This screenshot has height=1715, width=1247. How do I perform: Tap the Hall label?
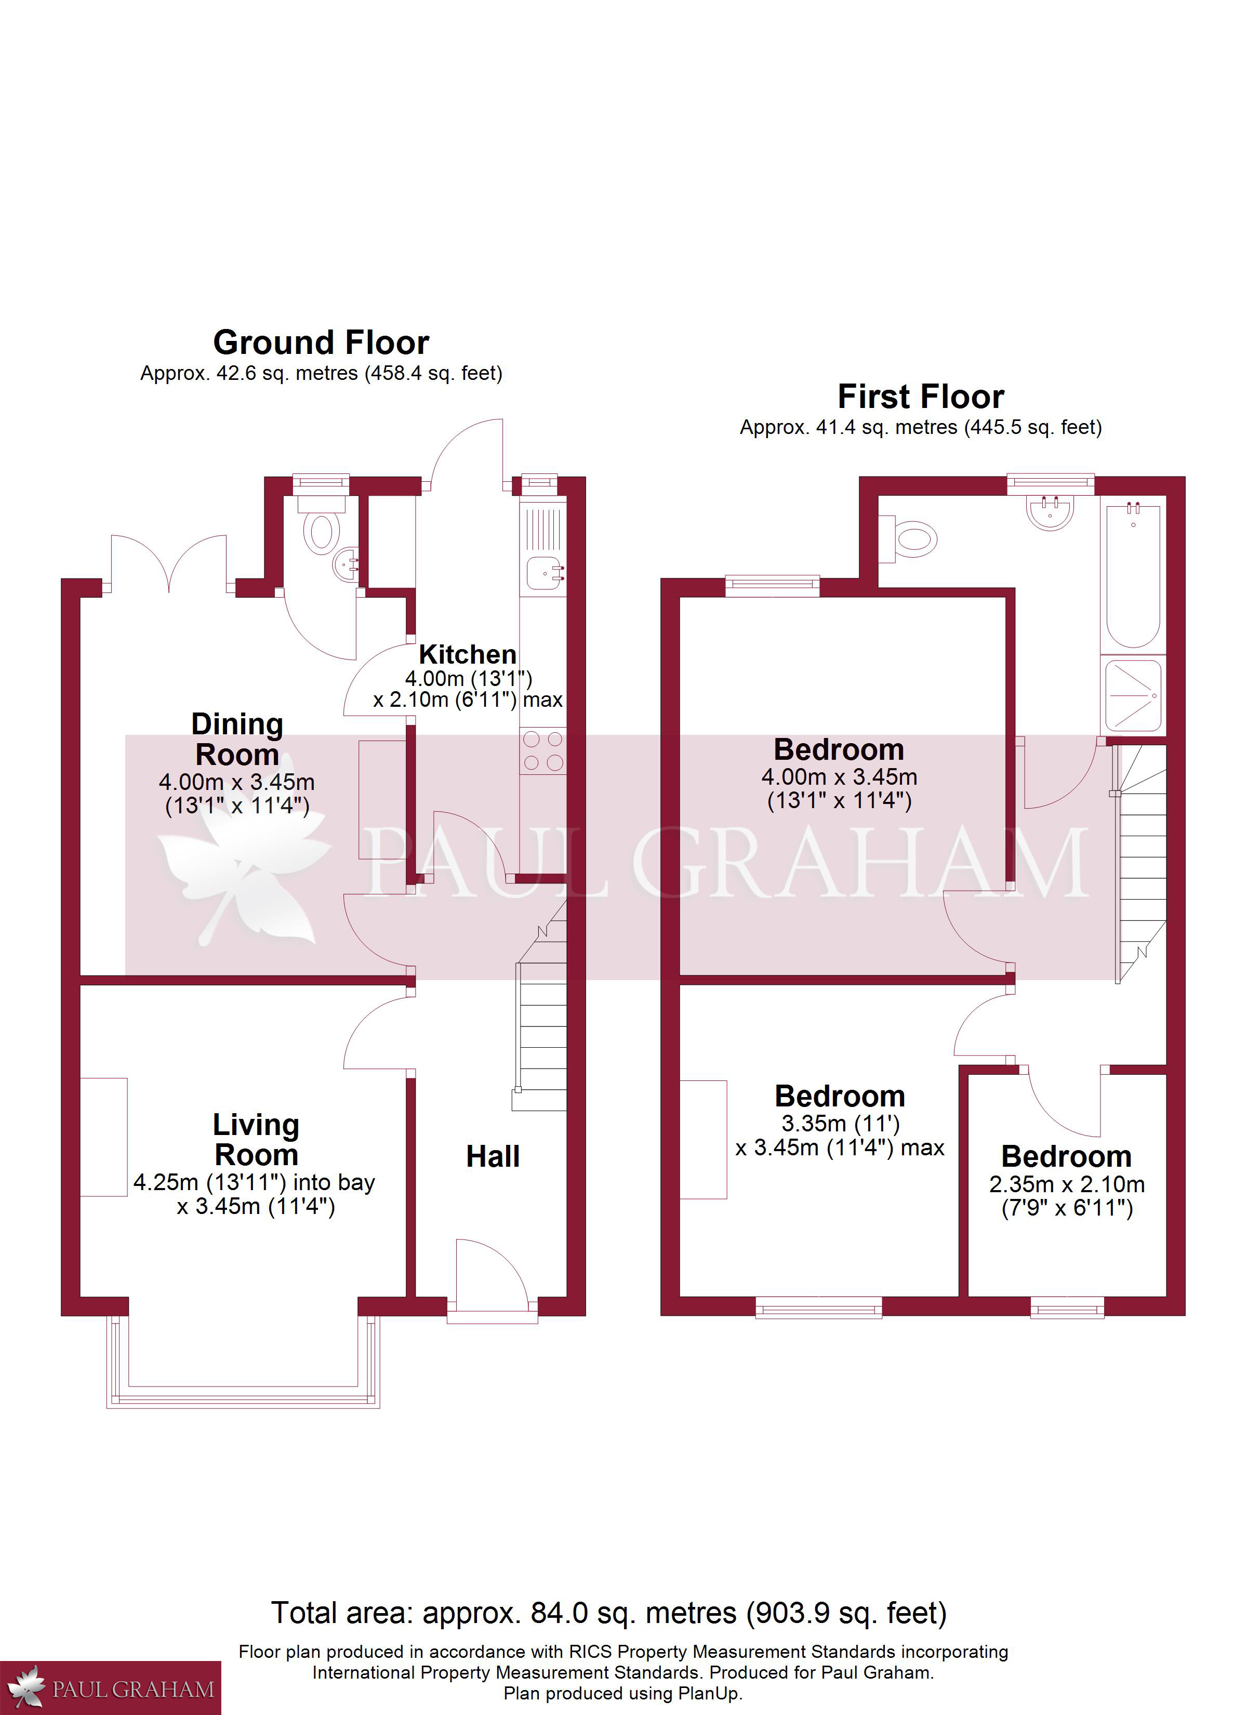coord(493,1156)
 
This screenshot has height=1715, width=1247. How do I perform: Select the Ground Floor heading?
coord(322,342)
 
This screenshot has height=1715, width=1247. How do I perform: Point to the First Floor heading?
coord(921,396)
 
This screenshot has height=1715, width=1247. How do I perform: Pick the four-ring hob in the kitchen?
coord(543,751)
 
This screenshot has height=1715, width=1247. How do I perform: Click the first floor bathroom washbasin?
coord(1050,511)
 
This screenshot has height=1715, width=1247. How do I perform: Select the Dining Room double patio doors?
coord(169,563)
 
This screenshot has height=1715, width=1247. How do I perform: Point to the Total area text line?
coord(609,1614)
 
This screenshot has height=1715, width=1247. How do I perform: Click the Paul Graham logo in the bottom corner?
coord(110,1688)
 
